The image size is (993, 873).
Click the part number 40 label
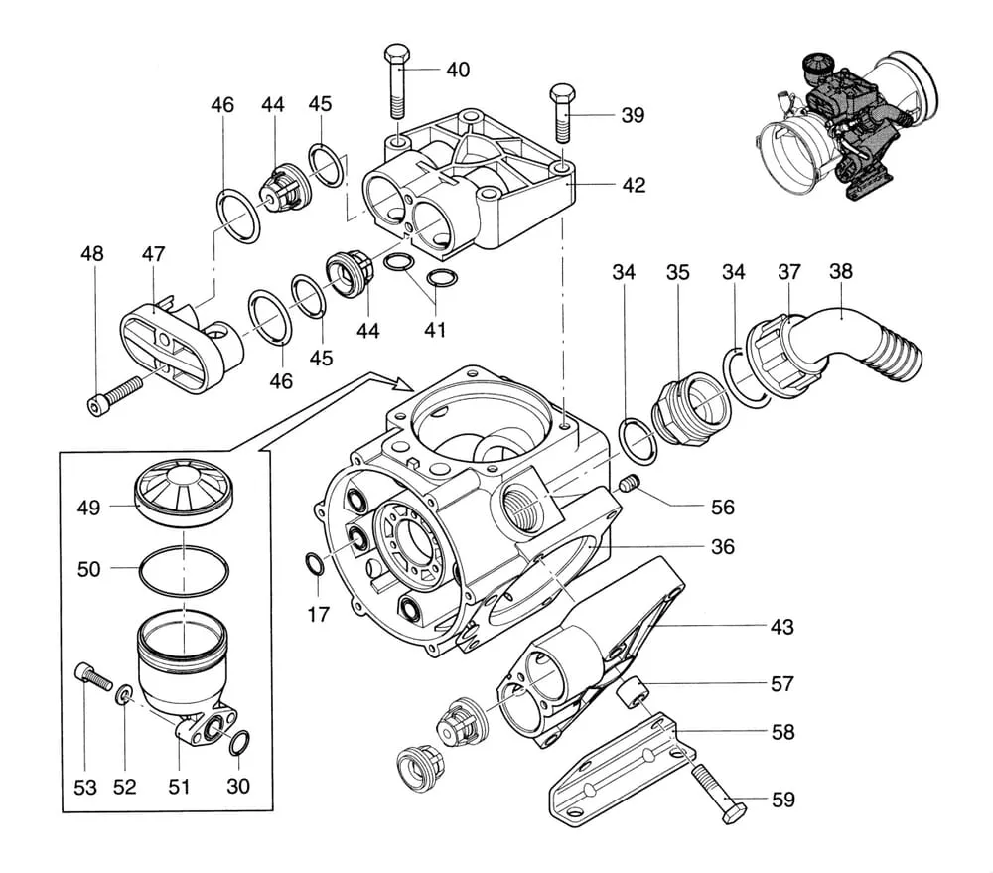click(458, 71)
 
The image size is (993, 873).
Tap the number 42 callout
click(633, 185)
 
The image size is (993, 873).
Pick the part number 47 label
click(152, 254)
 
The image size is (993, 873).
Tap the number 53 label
click(85, 787)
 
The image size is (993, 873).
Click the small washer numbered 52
click(122, 692)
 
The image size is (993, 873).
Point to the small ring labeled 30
click(238, 741)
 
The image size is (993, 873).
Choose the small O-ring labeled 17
click(312, 565)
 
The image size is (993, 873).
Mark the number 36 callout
click(722, 547)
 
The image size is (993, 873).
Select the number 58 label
click(782, 732)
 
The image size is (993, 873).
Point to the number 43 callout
click(782, 627)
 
